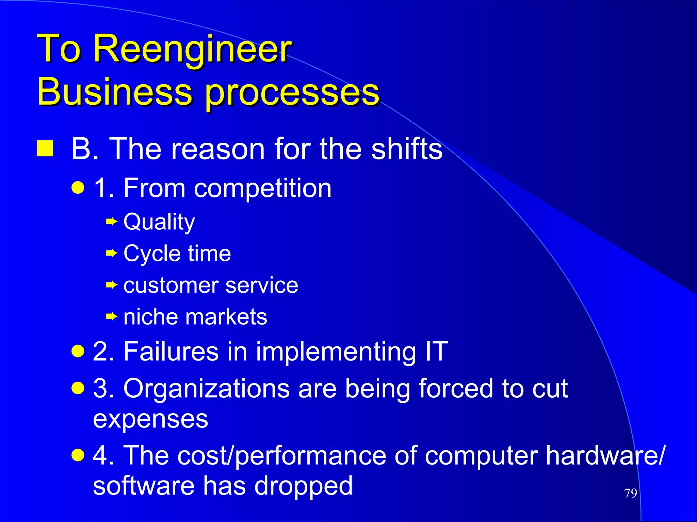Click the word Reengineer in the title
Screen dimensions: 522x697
tap(192, 49)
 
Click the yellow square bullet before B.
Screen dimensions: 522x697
tap(45, 148)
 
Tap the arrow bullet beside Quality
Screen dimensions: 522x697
tap(112, 222)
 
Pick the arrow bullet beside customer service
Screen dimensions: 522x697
tap(112, 285)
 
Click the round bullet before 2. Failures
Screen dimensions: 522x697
tap(78, 351)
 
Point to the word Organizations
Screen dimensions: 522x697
tap(206, 388)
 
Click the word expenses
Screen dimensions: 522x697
tap(150, 419)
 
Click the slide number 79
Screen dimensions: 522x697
tap(631, 493)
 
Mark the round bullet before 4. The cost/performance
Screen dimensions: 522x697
tap(78, 455)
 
